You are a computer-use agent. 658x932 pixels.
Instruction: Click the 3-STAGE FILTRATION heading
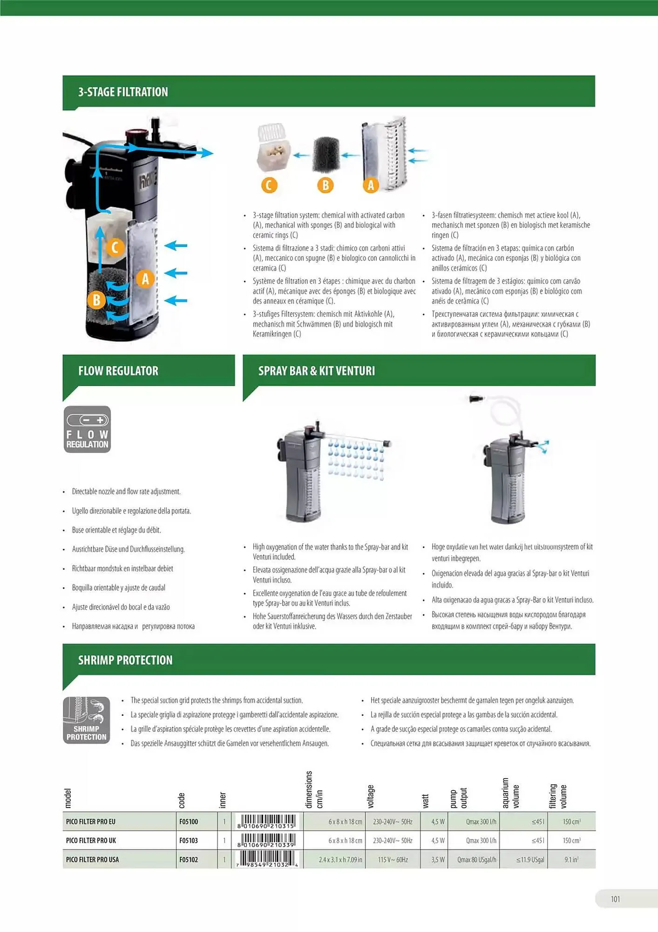point(123,92)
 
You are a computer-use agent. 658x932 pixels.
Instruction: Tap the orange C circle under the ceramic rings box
point(269,185)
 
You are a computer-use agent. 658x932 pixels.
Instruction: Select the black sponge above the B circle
point(326,154)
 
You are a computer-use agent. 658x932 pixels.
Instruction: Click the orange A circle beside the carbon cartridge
point(371,185)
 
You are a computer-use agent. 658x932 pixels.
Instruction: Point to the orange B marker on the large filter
point(96,300)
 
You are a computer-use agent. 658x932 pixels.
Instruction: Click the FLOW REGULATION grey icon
point(87,429)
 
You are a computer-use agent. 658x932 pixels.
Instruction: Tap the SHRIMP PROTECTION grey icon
point(87,720)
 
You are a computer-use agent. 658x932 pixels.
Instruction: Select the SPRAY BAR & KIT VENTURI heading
point(316,371)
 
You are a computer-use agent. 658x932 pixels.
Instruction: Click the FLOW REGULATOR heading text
point(118,371)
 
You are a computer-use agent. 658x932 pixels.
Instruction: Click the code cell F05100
point(189,822)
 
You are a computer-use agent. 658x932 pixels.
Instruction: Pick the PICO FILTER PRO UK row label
point(91,840)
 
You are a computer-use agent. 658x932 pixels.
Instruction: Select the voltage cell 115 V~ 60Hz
point(393,859)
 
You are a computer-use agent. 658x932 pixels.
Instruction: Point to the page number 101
point(615,899)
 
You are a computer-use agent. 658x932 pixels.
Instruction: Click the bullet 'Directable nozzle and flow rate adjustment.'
point(126,492)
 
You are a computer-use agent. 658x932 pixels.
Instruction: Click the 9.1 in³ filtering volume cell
point(571,859)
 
